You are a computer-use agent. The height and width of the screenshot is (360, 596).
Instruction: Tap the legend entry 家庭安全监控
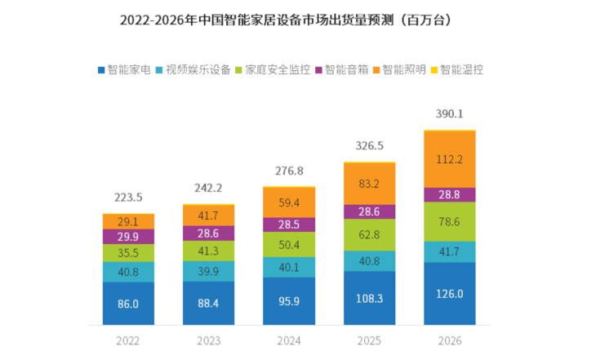click(271, 70)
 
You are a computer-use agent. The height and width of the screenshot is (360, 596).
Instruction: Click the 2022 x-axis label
click(128, 341)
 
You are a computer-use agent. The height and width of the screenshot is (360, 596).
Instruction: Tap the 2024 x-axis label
click(289, 341)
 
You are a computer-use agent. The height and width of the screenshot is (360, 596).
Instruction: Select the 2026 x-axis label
click(450, 341)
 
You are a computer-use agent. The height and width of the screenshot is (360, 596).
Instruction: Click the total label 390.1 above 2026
click(450, 114)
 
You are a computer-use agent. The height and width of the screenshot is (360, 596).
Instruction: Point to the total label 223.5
click(128, 198)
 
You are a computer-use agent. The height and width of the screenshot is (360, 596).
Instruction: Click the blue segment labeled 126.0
click(450, 294)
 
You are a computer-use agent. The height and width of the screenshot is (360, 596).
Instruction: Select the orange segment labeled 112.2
click(450, 159)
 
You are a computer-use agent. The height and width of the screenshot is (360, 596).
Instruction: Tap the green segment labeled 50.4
click(289, 244)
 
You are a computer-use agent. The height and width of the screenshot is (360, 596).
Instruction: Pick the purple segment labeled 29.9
click(128, 237)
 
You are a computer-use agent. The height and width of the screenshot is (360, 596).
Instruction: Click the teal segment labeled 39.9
click(208, 271)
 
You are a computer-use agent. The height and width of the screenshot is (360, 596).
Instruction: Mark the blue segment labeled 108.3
click(369, 300)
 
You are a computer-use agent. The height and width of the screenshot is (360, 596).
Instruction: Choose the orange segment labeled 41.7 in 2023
click(208, 216)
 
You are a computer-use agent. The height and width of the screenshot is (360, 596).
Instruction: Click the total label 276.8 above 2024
click(289, 171)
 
